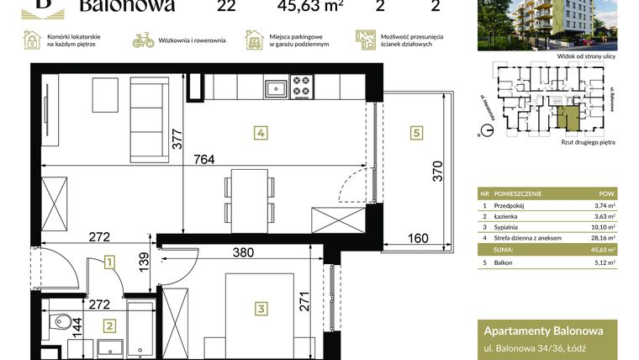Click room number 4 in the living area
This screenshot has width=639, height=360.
[261, 133]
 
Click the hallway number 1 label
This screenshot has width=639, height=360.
[108, 264]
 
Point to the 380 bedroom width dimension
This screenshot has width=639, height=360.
[243, 251]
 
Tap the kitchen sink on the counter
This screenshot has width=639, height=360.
[275, 86]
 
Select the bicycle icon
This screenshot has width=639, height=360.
[143, 40]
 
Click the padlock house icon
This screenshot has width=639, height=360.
[32, 40]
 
